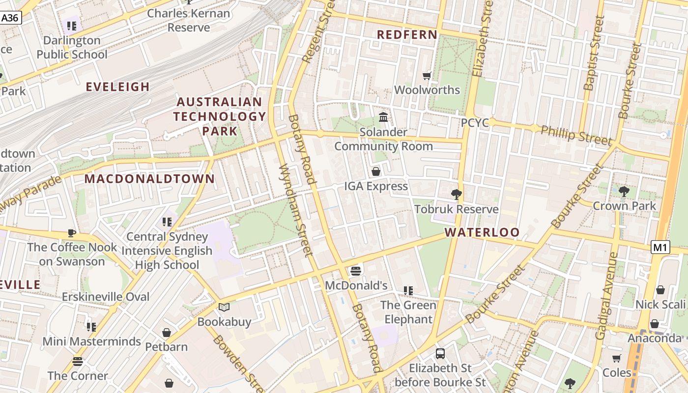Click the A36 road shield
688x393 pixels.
pos(10,18)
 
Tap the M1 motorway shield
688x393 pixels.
pos(660,248)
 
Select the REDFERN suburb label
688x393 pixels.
pos(407,35)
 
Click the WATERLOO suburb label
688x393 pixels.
pos(482,232)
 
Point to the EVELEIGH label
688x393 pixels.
pos(117,87)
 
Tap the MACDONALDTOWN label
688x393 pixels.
pos(149,179)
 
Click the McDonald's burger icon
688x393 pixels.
pos(356,271)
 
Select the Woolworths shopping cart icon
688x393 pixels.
pos(427,76)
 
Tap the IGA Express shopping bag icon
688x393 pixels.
pos(376,171)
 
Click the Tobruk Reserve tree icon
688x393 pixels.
pos(456,195)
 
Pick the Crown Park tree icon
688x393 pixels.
pos(624,191)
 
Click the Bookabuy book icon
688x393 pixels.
pos(224,308)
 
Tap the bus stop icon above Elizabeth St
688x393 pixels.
pos(440,353)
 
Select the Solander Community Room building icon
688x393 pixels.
pos(383,117)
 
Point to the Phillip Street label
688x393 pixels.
pos(576,135)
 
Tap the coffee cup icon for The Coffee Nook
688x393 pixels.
pos(72,233)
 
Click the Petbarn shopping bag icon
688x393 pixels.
pos(167,333)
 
